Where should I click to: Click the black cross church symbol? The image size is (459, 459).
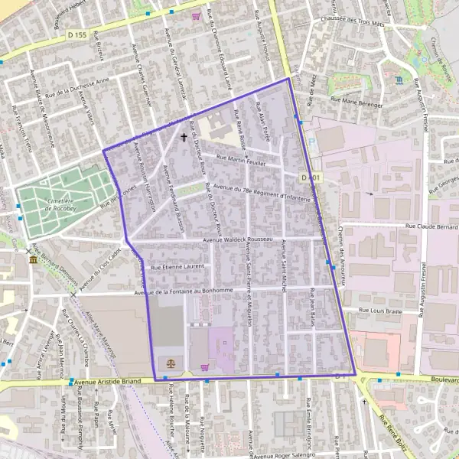(183, 138)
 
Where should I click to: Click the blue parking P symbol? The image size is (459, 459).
(311, 142)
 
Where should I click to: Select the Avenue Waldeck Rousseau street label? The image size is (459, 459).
(237, 240)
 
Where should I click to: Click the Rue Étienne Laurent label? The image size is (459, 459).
(178, 267)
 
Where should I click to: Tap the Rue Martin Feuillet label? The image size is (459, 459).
(242, 158)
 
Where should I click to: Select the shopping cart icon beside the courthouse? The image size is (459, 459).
(205, 366)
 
